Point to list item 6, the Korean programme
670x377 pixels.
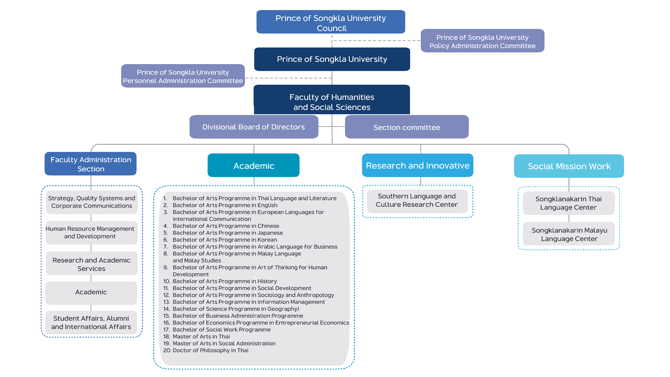220,240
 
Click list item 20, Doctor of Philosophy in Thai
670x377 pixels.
206,350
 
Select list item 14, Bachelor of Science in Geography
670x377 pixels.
231,309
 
